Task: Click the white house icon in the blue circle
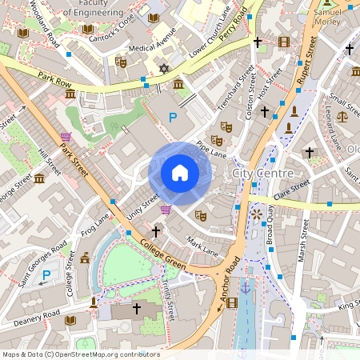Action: [x=180, y=172]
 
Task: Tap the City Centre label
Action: [x=262, y=174]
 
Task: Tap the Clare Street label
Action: [x=292, y=192]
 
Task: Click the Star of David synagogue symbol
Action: [x=165, y=70]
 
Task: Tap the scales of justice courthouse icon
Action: [x=343, y=116]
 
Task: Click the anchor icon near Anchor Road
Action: [x=246, y=286]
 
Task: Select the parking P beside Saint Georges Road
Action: [x=46, y=274]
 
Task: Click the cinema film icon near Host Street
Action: [x=284, y=42]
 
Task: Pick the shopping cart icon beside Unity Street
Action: [x=166, y=210]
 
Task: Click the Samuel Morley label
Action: [x=328, y=17]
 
